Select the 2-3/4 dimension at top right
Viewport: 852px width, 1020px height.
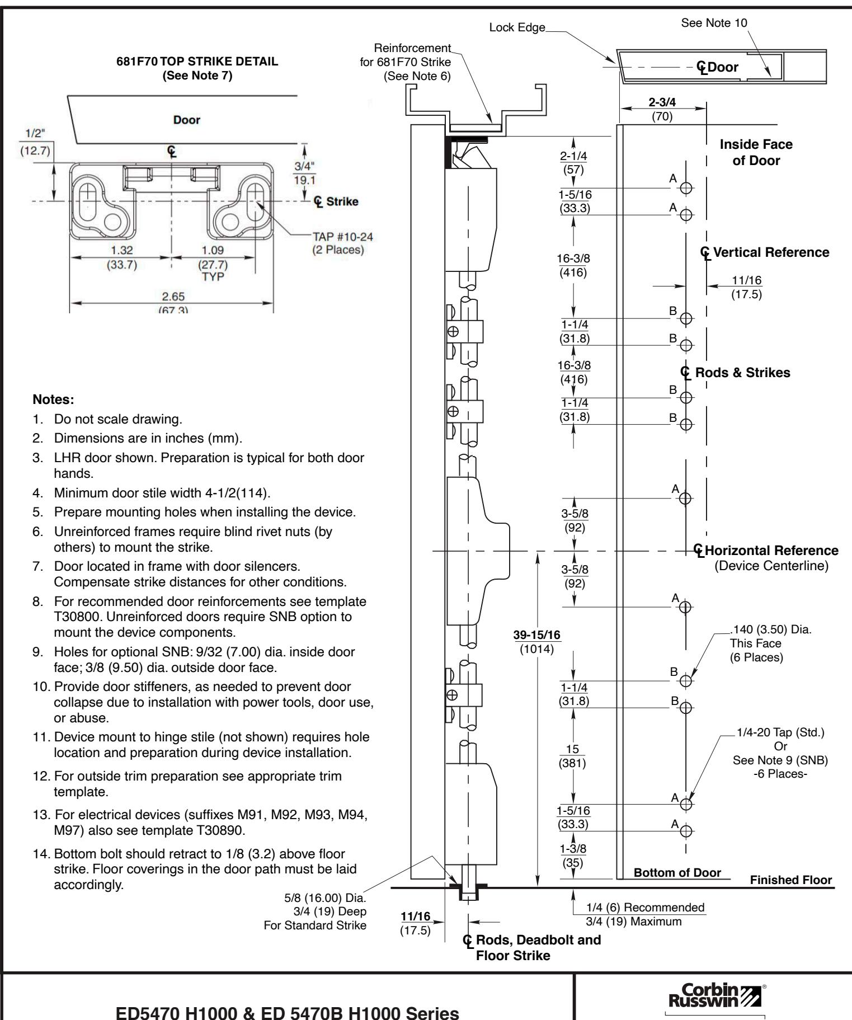[x=662, y=104]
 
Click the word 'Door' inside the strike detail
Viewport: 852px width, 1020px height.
[x=186, y=120]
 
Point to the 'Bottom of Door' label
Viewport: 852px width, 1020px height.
[x=677, y=872]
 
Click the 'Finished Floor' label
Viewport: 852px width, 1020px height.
[x=790, y=880]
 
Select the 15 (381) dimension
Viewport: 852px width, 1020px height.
[x=573, y=749]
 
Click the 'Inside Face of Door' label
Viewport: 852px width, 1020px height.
[x=756, y=152]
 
